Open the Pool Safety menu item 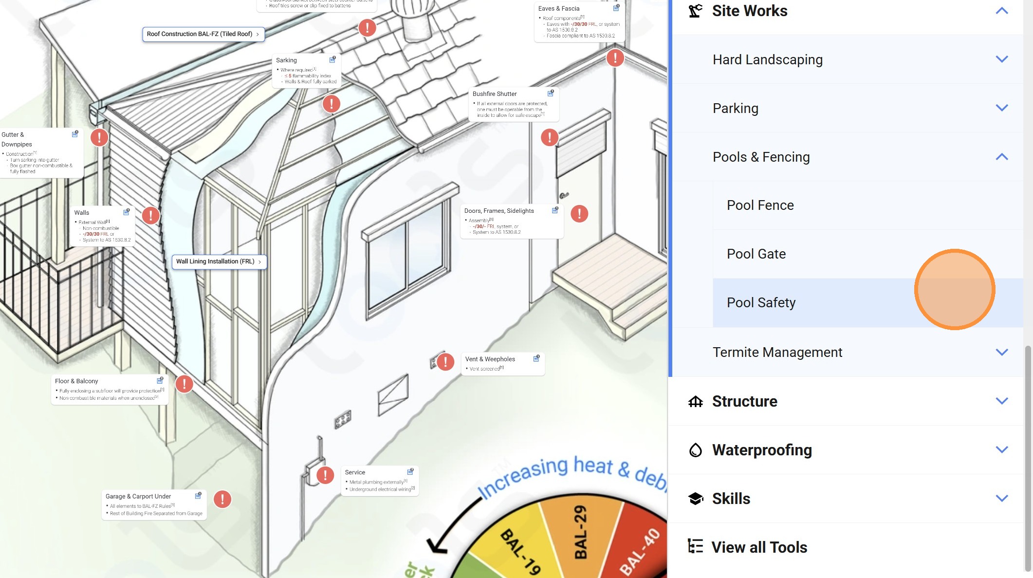[761, 303]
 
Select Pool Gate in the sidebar [756, 254]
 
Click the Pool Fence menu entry [760, 205]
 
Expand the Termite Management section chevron [1001, 352]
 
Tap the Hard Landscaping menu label [767, 59]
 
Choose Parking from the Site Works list [735, 108]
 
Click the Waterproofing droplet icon [696, 450]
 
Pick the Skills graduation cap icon [696, 499]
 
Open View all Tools [759, 547]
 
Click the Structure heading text [744, 401]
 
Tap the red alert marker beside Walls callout [151, 215]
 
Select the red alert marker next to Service [325, 475]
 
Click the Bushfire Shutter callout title [494, 94]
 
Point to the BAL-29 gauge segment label [580, 532]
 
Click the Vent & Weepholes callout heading [490, 359]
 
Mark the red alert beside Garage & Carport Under [222, 499]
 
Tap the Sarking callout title [286, 60]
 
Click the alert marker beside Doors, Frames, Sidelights [579, 214]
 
